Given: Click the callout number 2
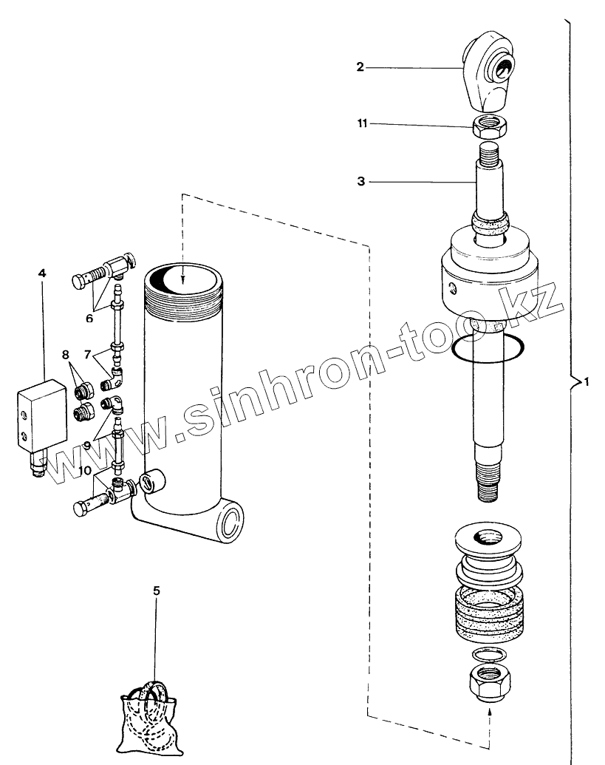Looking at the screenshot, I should coord(360,67).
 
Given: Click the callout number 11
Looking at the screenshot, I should coord(362,124).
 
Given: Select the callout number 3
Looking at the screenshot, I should coord(360,180).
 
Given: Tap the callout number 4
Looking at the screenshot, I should coord(42,273).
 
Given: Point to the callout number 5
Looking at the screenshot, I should coord(156,591).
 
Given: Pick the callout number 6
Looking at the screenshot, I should coord(89,319).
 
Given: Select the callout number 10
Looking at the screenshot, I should coord(86,471).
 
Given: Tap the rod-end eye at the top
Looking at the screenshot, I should coord(491,71).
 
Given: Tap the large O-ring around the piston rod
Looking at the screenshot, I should coord(489,347).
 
